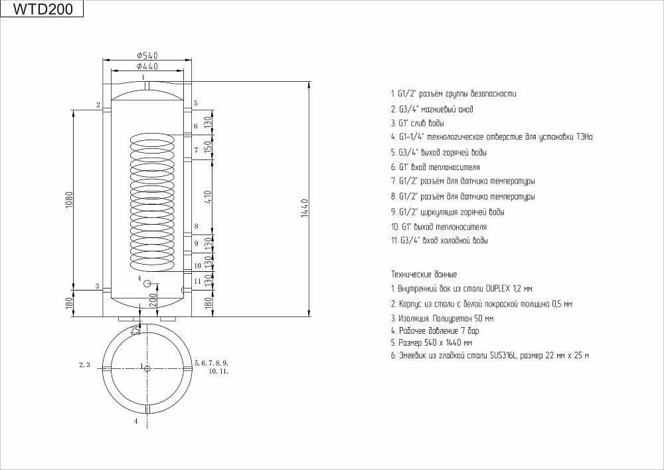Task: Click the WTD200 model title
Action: (x=42, y=9)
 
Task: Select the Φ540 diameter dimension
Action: (x=147, y=56)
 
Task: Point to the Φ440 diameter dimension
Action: (x=147, y=66)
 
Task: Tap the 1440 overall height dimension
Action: (x=305, y=208)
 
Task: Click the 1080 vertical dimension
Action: (x=70, y=199)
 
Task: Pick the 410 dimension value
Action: (x=207, y=197)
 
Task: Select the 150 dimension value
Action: (x=207, y=147)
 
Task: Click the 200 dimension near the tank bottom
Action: (x=153, y=300)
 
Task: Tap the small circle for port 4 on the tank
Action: (x=147, y=283)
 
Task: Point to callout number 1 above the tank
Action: (x=143, y=76)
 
